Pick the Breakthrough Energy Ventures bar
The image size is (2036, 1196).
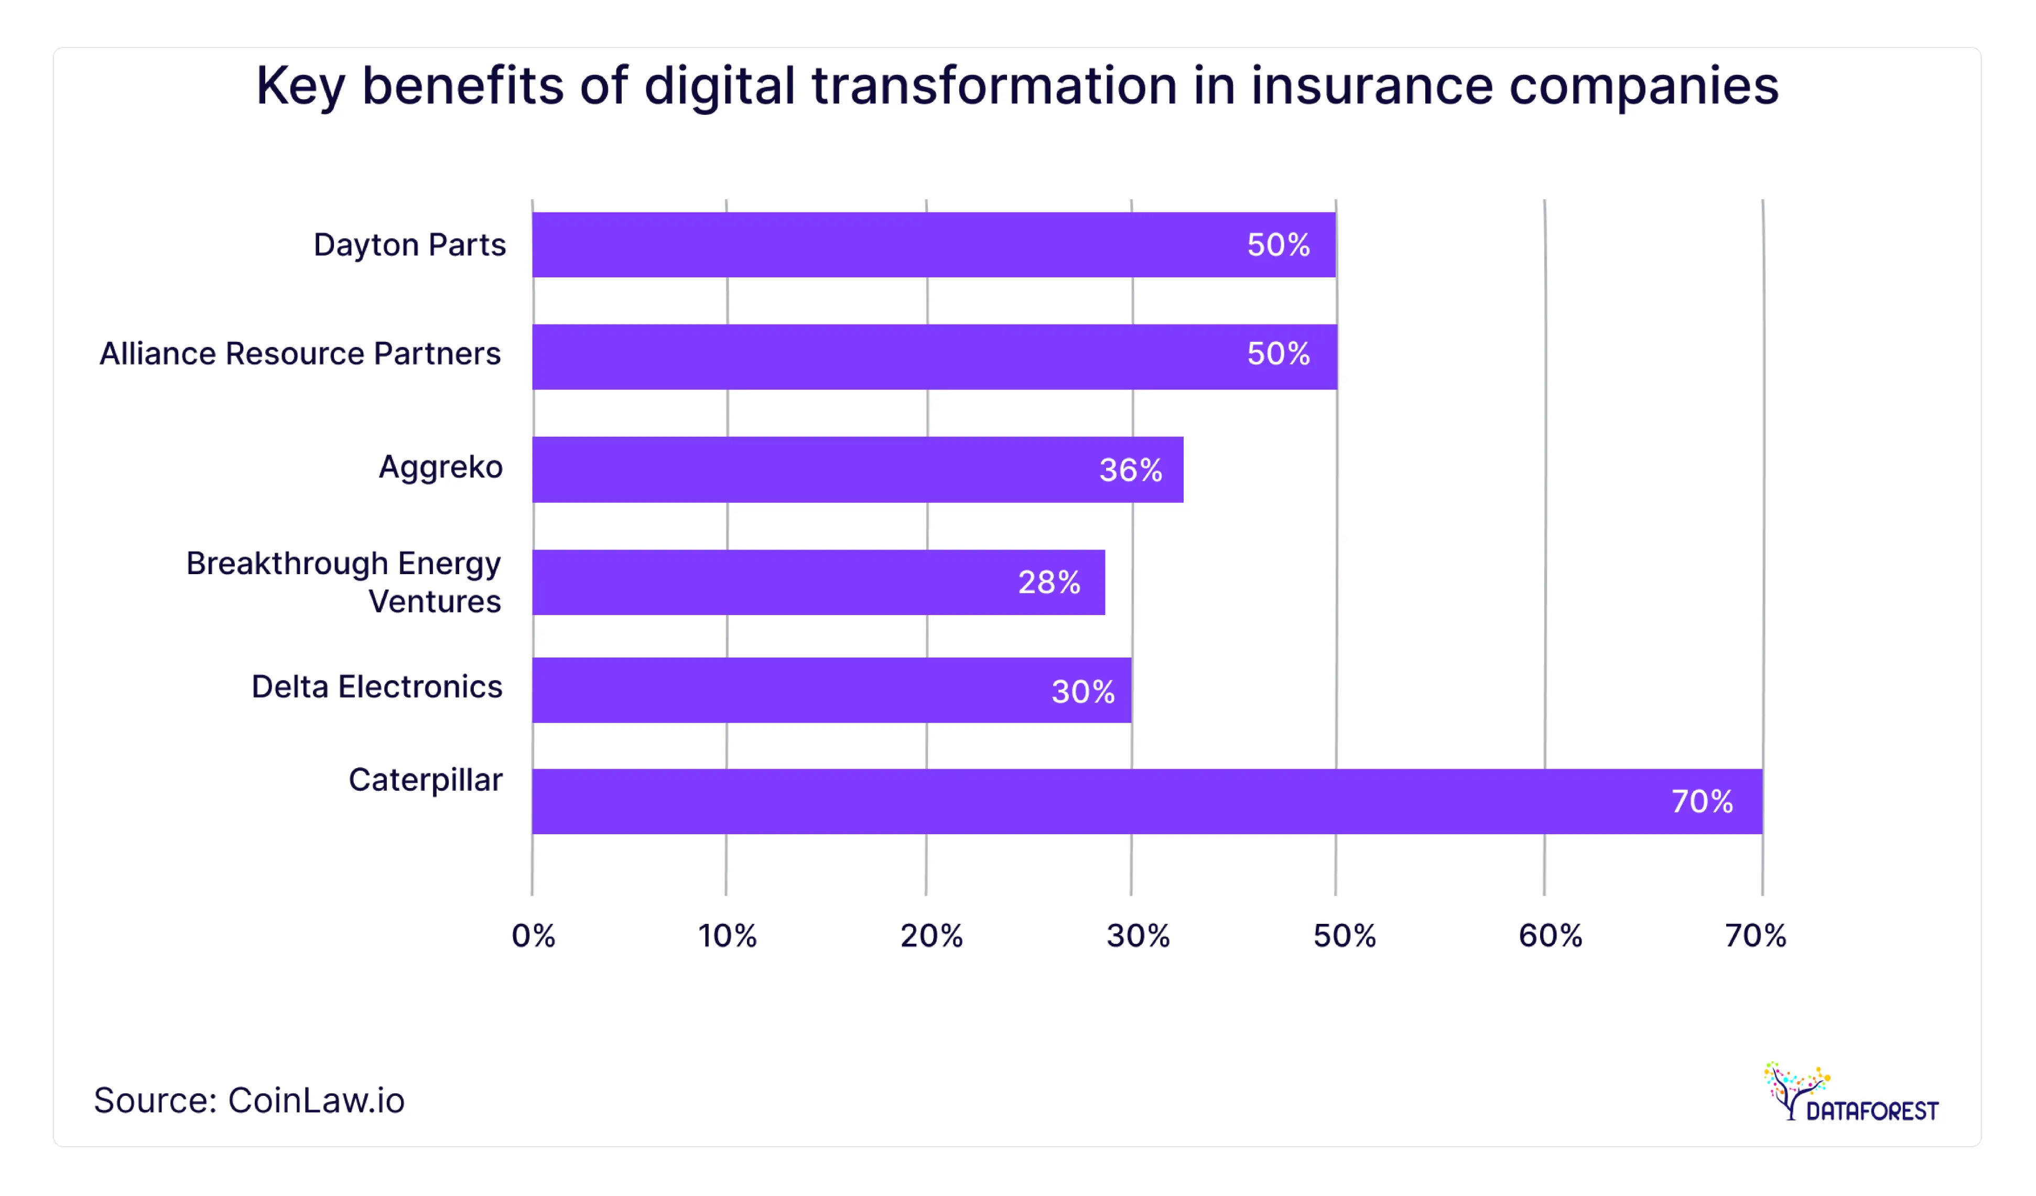point(818,582)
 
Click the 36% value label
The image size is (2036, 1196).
point(1130,470)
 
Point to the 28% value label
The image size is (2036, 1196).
point(1049,583)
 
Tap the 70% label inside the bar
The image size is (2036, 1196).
point(1702,802)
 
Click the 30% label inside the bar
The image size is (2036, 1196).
point(1082,692)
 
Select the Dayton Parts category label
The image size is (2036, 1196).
point(409,245)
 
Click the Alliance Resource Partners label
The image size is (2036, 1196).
point(300,354)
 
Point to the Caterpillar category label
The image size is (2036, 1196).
point(425,780)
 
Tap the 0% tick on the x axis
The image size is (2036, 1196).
point(533,936)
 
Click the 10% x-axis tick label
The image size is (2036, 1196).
point(727,936)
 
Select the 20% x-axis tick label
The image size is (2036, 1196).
point(931,936)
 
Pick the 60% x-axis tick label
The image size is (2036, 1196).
point(1550,936)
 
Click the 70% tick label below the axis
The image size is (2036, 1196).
point(1755,936)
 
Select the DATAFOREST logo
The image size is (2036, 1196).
point(1852,1093)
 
